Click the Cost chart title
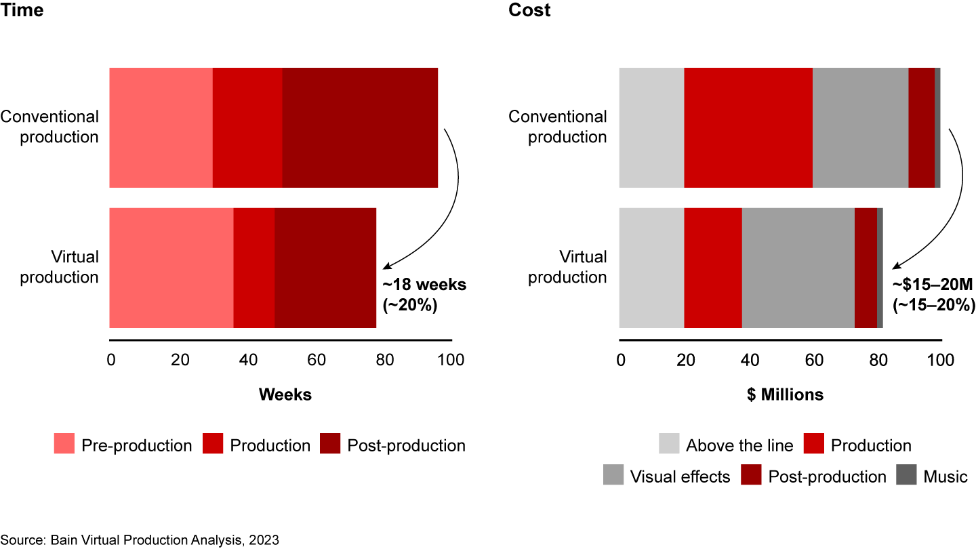(x=529, y=10)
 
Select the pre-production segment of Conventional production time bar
(x=161, y=127)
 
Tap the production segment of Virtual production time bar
(x=254, y=268)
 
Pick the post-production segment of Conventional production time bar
(x=359, y=127)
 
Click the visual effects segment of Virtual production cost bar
(x=798, y=268)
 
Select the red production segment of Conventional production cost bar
(x=748, y=127)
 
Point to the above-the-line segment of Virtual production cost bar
(x=651, y=268)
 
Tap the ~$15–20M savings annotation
(x=934, y=295)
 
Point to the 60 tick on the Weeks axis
(x=316, y=359)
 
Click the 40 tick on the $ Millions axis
(x=749, y=359)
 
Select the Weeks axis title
(x=285, y=394)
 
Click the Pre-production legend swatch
(x=64, y=445)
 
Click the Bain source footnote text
(x=140, y=540)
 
